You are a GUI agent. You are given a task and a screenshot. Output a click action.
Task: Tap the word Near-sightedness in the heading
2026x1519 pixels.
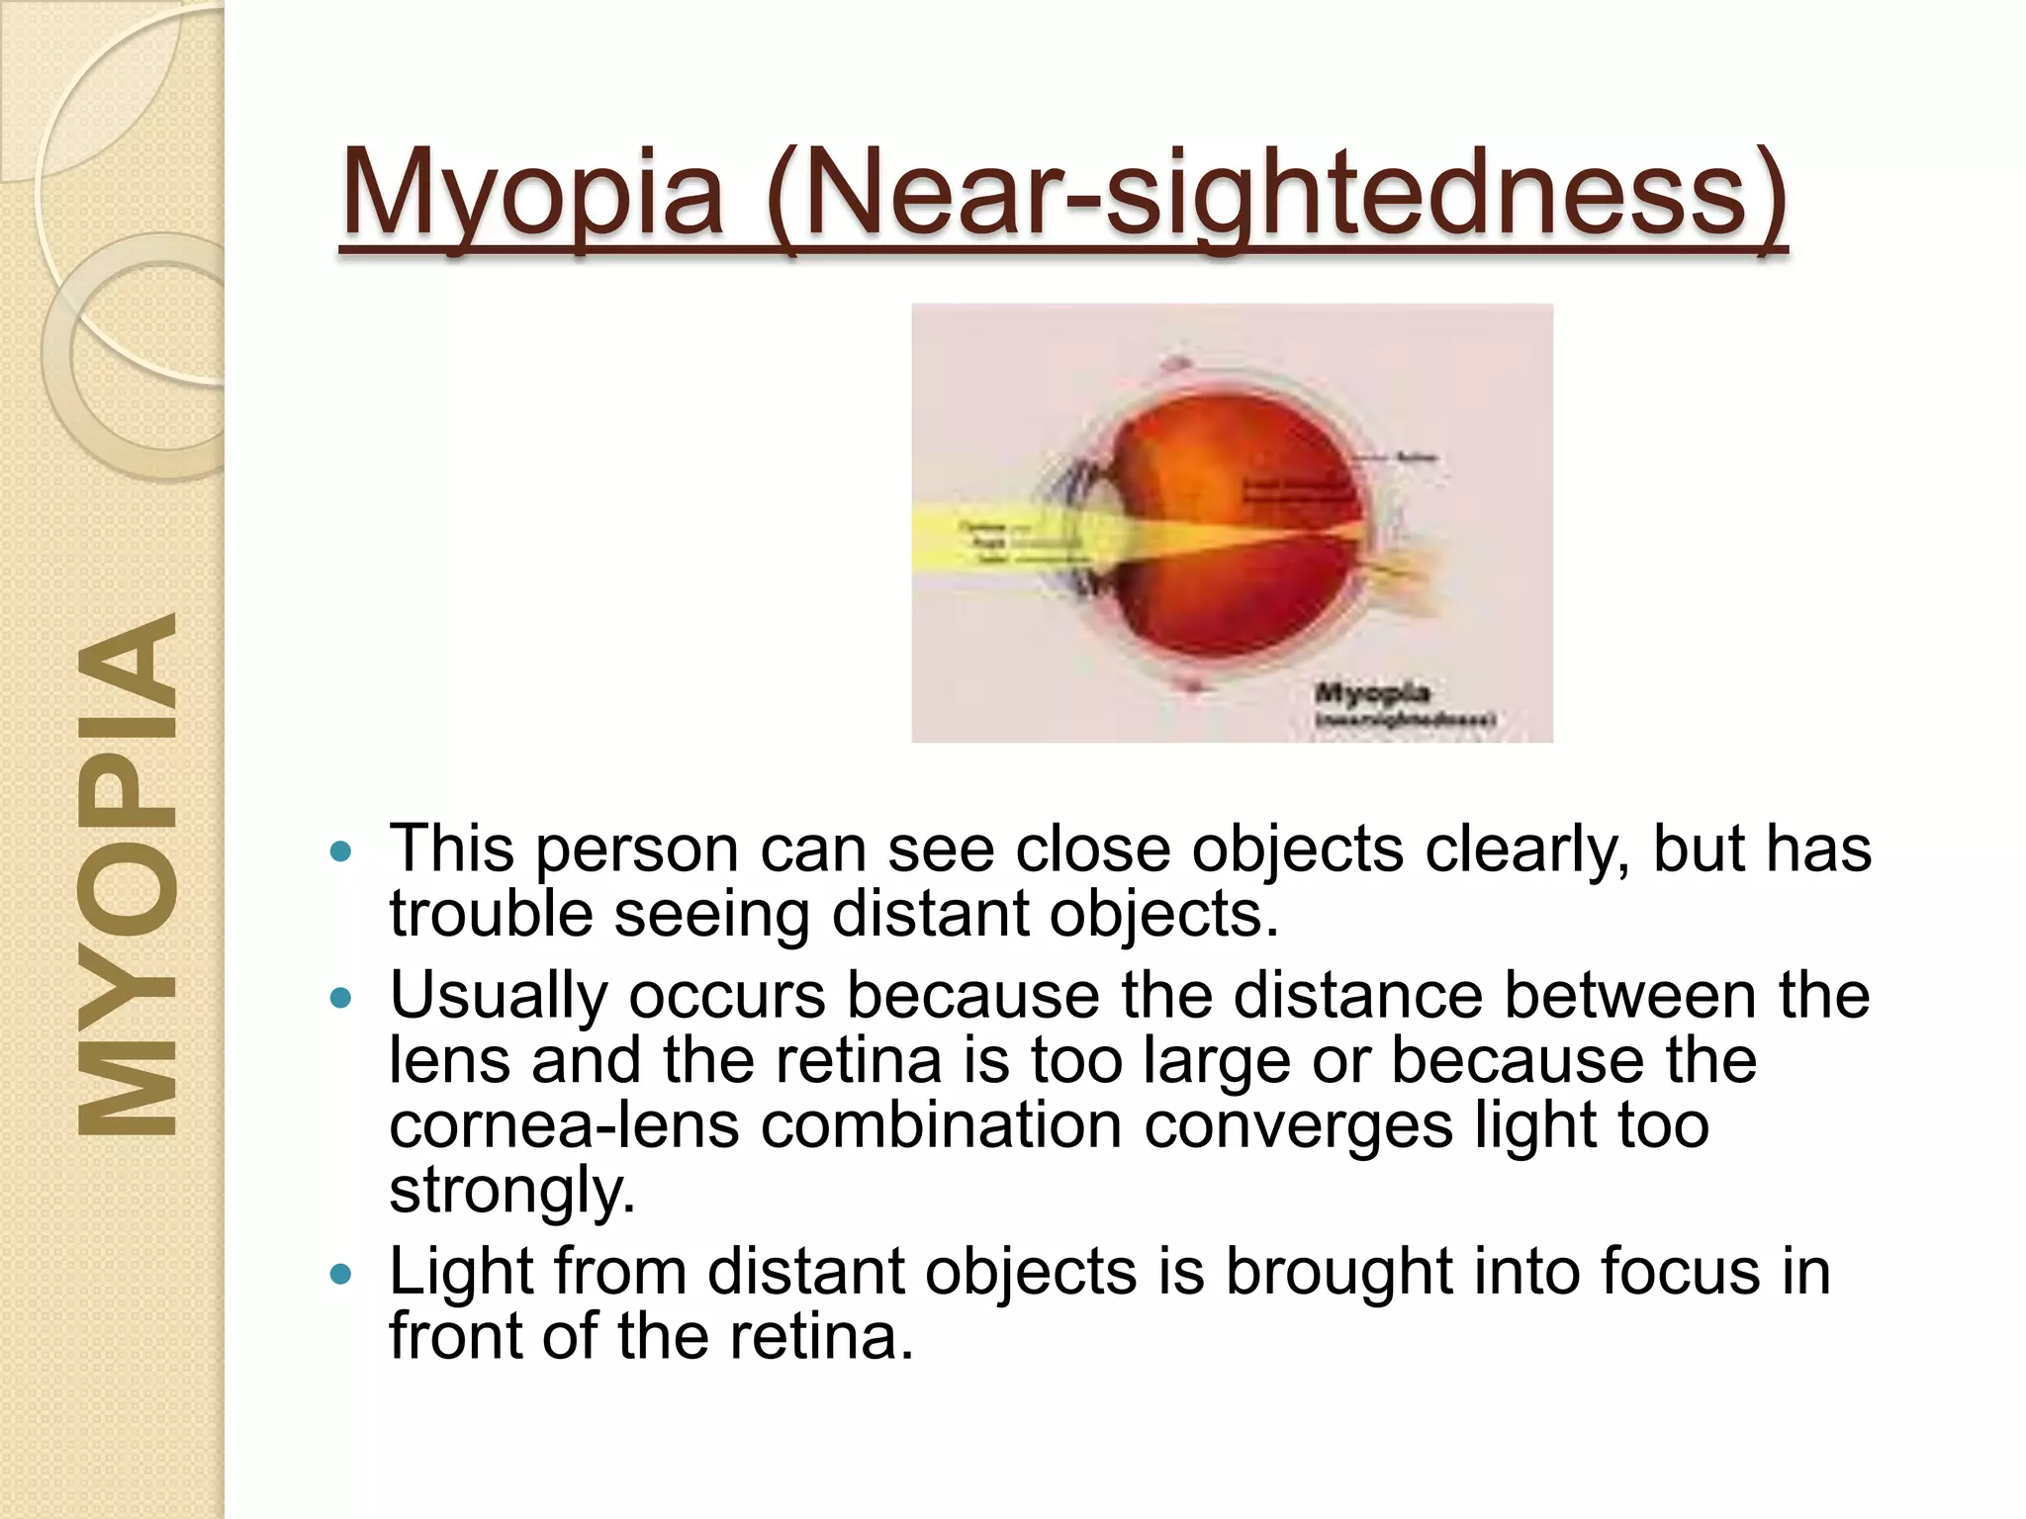click(1276, 193)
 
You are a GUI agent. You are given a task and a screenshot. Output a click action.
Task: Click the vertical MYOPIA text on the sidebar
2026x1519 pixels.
click(127, 875)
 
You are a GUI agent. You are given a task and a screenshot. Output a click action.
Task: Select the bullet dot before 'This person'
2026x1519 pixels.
click(340, 851)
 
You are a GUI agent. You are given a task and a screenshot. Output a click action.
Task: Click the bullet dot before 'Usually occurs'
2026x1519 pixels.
click(340, 998)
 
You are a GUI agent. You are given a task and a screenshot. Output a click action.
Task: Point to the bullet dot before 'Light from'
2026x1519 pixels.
click(340, 1275)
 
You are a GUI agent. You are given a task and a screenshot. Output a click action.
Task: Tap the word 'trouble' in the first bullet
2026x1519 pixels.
click(491, 914)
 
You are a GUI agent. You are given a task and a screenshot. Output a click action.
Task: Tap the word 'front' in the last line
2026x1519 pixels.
click(454, 1336)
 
